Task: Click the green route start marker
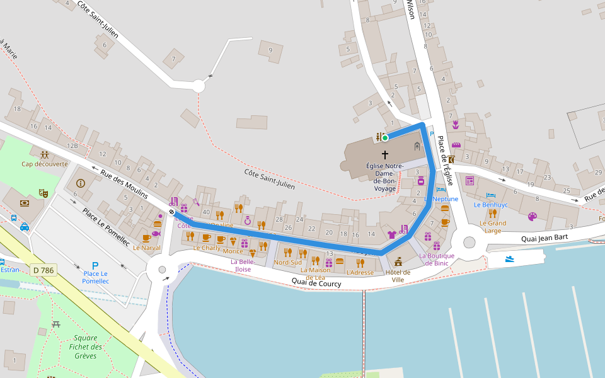pyautogui.click(x=384, y=137)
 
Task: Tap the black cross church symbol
pyautogui.click(x=384, y=154)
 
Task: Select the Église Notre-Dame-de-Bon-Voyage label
pyautogui.click(x=384, y=177)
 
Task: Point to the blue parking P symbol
pyautogui.click(x=95, y=266)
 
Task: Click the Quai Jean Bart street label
pyautogui.click(x=545, y=239)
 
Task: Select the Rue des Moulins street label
pyautogui.click(x=124, y=185)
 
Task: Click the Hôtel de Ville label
pyautogui.click(x=398, y=275)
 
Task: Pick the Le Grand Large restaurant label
pyautogui.click(x=492, y=227)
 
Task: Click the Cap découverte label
pyautogui.click(x=44, y=164)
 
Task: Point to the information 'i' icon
pyautogui.click(x=80, y=183)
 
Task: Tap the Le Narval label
pyautogui.click(x=146, y=248)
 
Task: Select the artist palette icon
pyautogui.click(x=533, y=217)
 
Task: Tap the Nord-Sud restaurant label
pyautogui.click(x=287, y=262)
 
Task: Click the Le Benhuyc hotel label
pyautogui.click(x=490, y=205)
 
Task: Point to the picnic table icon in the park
pyautogui.click(x=56, y=324)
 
